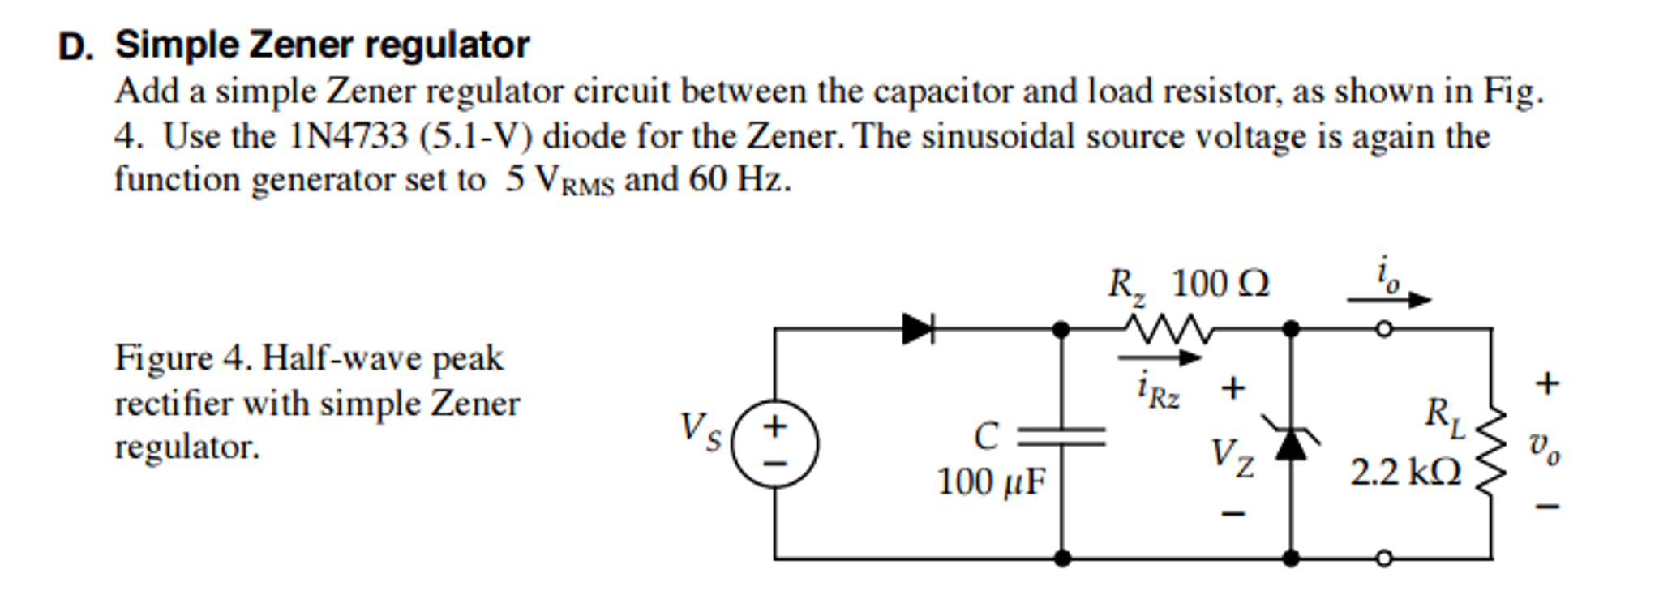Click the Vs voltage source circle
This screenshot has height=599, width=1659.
click(774, 444)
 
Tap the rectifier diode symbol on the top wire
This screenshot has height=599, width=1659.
click(918, 329)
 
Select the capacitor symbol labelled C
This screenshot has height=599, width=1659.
click(1061, 438)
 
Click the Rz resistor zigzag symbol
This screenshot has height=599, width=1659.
click(1167, 329)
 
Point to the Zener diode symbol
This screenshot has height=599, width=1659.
click(1291, 440)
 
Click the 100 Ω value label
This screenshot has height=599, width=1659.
click(1220, 285)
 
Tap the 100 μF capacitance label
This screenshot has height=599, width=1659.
click(991, 482)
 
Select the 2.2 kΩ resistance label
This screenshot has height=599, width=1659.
click(1405, 473)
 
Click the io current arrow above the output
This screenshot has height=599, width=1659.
click(1389, 300)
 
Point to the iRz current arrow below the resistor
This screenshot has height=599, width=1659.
click(1159, 357)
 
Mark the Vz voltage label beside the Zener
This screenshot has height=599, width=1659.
click(1232, 458)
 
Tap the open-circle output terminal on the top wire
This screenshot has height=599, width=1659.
click(1385, 329)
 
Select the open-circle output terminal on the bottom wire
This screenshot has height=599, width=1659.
click(1385, 558)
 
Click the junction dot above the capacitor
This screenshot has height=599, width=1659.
click(1061, 329)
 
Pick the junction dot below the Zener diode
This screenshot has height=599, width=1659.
click(1291, 558)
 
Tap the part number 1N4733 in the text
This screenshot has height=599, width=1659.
click(348, 136)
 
